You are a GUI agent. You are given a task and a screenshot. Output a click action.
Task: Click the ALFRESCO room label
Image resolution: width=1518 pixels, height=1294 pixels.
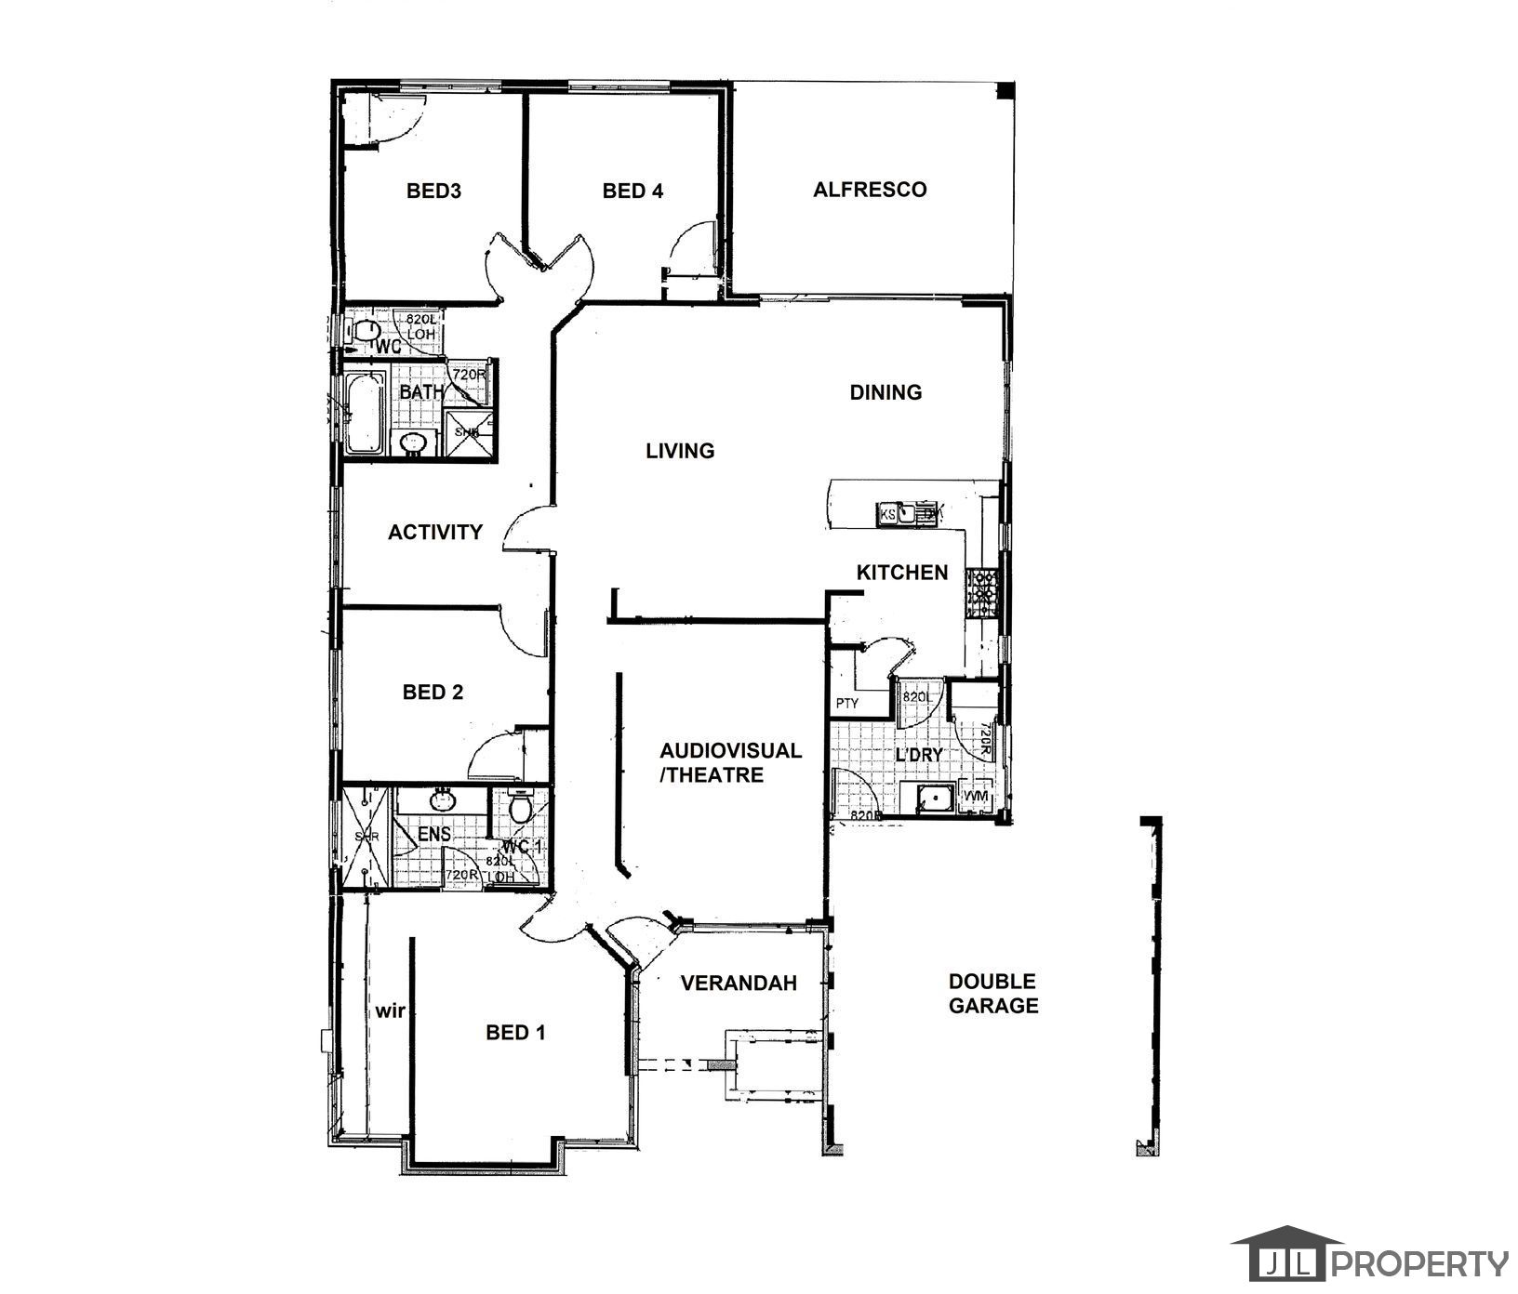click(x=870, y=190)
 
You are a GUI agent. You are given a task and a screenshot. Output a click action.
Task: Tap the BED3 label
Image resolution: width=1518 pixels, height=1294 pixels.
click(x=433, y=191)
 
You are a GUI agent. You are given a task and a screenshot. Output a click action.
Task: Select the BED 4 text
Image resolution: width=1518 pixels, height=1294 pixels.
click(x=632, y=191)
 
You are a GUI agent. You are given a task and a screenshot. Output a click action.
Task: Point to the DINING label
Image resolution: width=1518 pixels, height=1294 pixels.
click(x=885, y=392)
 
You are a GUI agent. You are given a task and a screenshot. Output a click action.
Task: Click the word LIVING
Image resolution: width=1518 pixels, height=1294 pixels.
click(x=680, y=451)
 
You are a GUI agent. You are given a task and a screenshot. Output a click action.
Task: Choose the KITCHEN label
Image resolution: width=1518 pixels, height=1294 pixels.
click(x=901, y=573)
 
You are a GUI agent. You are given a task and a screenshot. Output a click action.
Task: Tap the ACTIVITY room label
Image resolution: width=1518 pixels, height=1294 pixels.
click(x=434, y=533)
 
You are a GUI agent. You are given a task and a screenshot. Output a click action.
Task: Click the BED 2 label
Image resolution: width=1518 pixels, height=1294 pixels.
click(x=433, y=693)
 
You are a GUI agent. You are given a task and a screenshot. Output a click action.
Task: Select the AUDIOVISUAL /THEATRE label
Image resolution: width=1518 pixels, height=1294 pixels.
click(x=729, y=762)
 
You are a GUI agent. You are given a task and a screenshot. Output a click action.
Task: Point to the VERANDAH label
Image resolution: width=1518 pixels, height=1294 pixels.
click(x=739, y=984)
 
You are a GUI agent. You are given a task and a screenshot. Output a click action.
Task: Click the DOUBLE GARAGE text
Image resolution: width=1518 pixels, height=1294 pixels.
click(x=992, y=993)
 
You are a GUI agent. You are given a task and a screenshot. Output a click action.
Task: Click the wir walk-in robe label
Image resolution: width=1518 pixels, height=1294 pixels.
click(x=390, y=1010)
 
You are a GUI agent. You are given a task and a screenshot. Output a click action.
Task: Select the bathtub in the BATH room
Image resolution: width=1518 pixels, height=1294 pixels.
click(x=365, y=414)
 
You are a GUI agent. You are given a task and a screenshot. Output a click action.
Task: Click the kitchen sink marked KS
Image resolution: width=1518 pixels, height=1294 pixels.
click(x=887, y=513)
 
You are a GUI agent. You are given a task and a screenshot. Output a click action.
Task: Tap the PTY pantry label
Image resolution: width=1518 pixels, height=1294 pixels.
click(x=846, y=704)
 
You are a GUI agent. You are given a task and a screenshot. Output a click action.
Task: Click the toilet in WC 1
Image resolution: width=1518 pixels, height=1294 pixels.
click(x=520, y=807)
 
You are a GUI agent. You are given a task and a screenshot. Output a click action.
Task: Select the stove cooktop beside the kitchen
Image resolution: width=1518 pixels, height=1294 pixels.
click(x=981, y=595)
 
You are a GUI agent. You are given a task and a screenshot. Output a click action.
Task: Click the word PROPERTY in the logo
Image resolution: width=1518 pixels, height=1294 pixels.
click(x=1422, y=1264)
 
